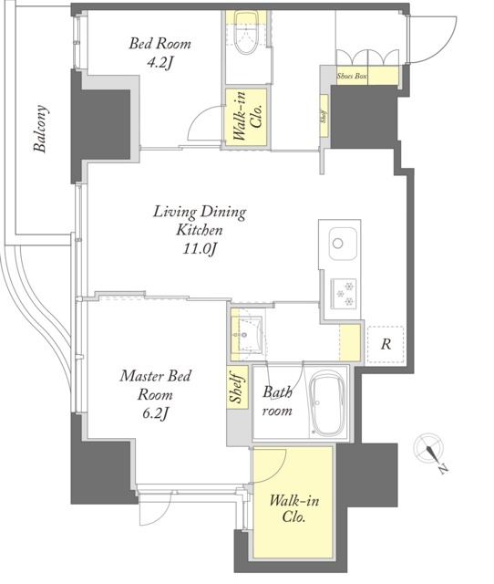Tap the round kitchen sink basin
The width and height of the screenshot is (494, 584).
[338, 244]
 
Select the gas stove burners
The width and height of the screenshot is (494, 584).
[344, 292]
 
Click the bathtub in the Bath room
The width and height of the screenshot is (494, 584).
[326, 402]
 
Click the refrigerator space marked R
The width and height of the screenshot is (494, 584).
[386, 345]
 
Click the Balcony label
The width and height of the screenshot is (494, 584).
[40, 129]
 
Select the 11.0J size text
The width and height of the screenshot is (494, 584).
[199, 248]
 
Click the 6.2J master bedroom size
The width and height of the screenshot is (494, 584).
[156, 412]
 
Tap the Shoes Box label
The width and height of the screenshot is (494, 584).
[352, 76]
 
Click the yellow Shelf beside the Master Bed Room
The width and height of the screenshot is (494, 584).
[237, 388]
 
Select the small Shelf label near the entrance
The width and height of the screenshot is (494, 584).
[324, 116]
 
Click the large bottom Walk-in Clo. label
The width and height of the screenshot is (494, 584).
[293, 508]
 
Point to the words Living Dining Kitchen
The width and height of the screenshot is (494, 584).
[200, 221]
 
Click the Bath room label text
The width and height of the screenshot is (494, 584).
[277, 401]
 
